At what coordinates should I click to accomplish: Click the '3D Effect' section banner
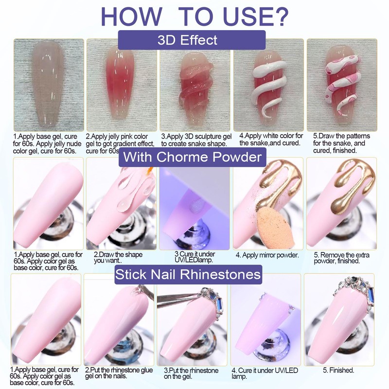click(x=192, y=39)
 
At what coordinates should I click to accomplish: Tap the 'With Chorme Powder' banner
click(x=192, y=157)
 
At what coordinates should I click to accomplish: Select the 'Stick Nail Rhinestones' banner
click(x=188, y=275)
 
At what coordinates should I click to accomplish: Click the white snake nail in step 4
click(x=265, y=88)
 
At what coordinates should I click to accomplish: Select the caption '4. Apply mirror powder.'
click(x=267, y=254)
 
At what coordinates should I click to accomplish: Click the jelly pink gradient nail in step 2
click(x=119, y=88)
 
